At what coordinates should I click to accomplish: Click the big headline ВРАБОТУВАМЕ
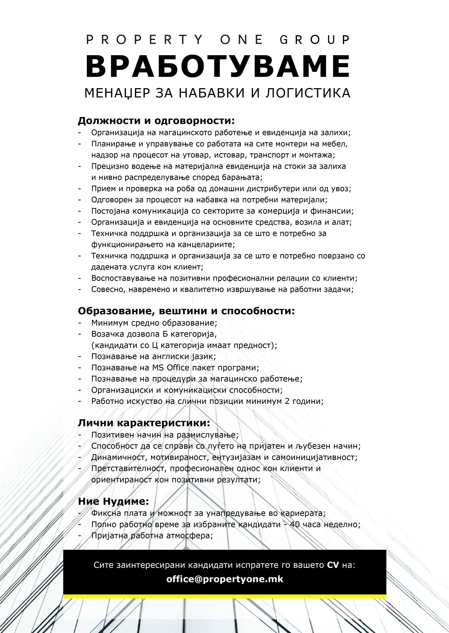coord(218,66)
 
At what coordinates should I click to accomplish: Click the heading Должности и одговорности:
coord(156,121)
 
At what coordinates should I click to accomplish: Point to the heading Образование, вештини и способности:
coord(186,311)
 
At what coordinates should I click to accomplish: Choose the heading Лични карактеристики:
coord(144,423)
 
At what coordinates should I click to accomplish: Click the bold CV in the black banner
coord(333,563)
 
